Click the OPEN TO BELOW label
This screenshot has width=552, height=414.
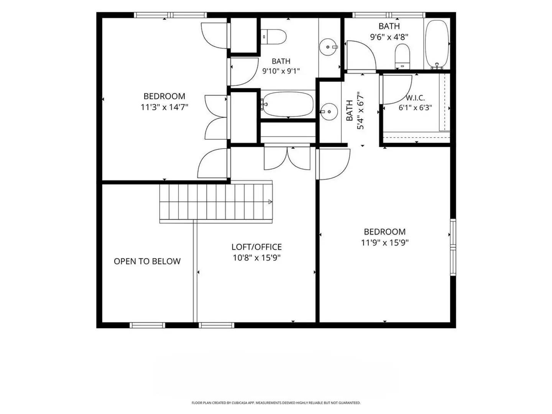coord(147,261)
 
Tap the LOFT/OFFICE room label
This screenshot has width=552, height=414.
coord(256,247)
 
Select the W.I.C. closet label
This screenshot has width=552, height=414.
coord(415,97)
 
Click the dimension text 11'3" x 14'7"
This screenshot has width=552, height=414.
coord(164,107)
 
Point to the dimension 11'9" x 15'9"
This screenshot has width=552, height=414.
coord(385,243)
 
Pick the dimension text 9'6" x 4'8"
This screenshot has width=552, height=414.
coord(389,37)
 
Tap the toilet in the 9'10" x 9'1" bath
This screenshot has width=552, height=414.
coord(273,37)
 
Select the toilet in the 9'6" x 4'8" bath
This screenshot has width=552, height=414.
coord(402,56)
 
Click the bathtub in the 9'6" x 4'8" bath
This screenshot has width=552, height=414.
coord(437,44)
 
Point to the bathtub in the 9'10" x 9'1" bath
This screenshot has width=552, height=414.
coord(287,104)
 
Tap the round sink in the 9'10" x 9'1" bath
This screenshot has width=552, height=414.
coord(329,47)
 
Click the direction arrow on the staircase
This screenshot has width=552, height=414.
coord(270,202)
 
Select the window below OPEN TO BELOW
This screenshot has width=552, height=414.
coord(147,325)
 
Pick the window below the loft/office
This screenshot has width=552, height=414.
coord(216,325)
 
